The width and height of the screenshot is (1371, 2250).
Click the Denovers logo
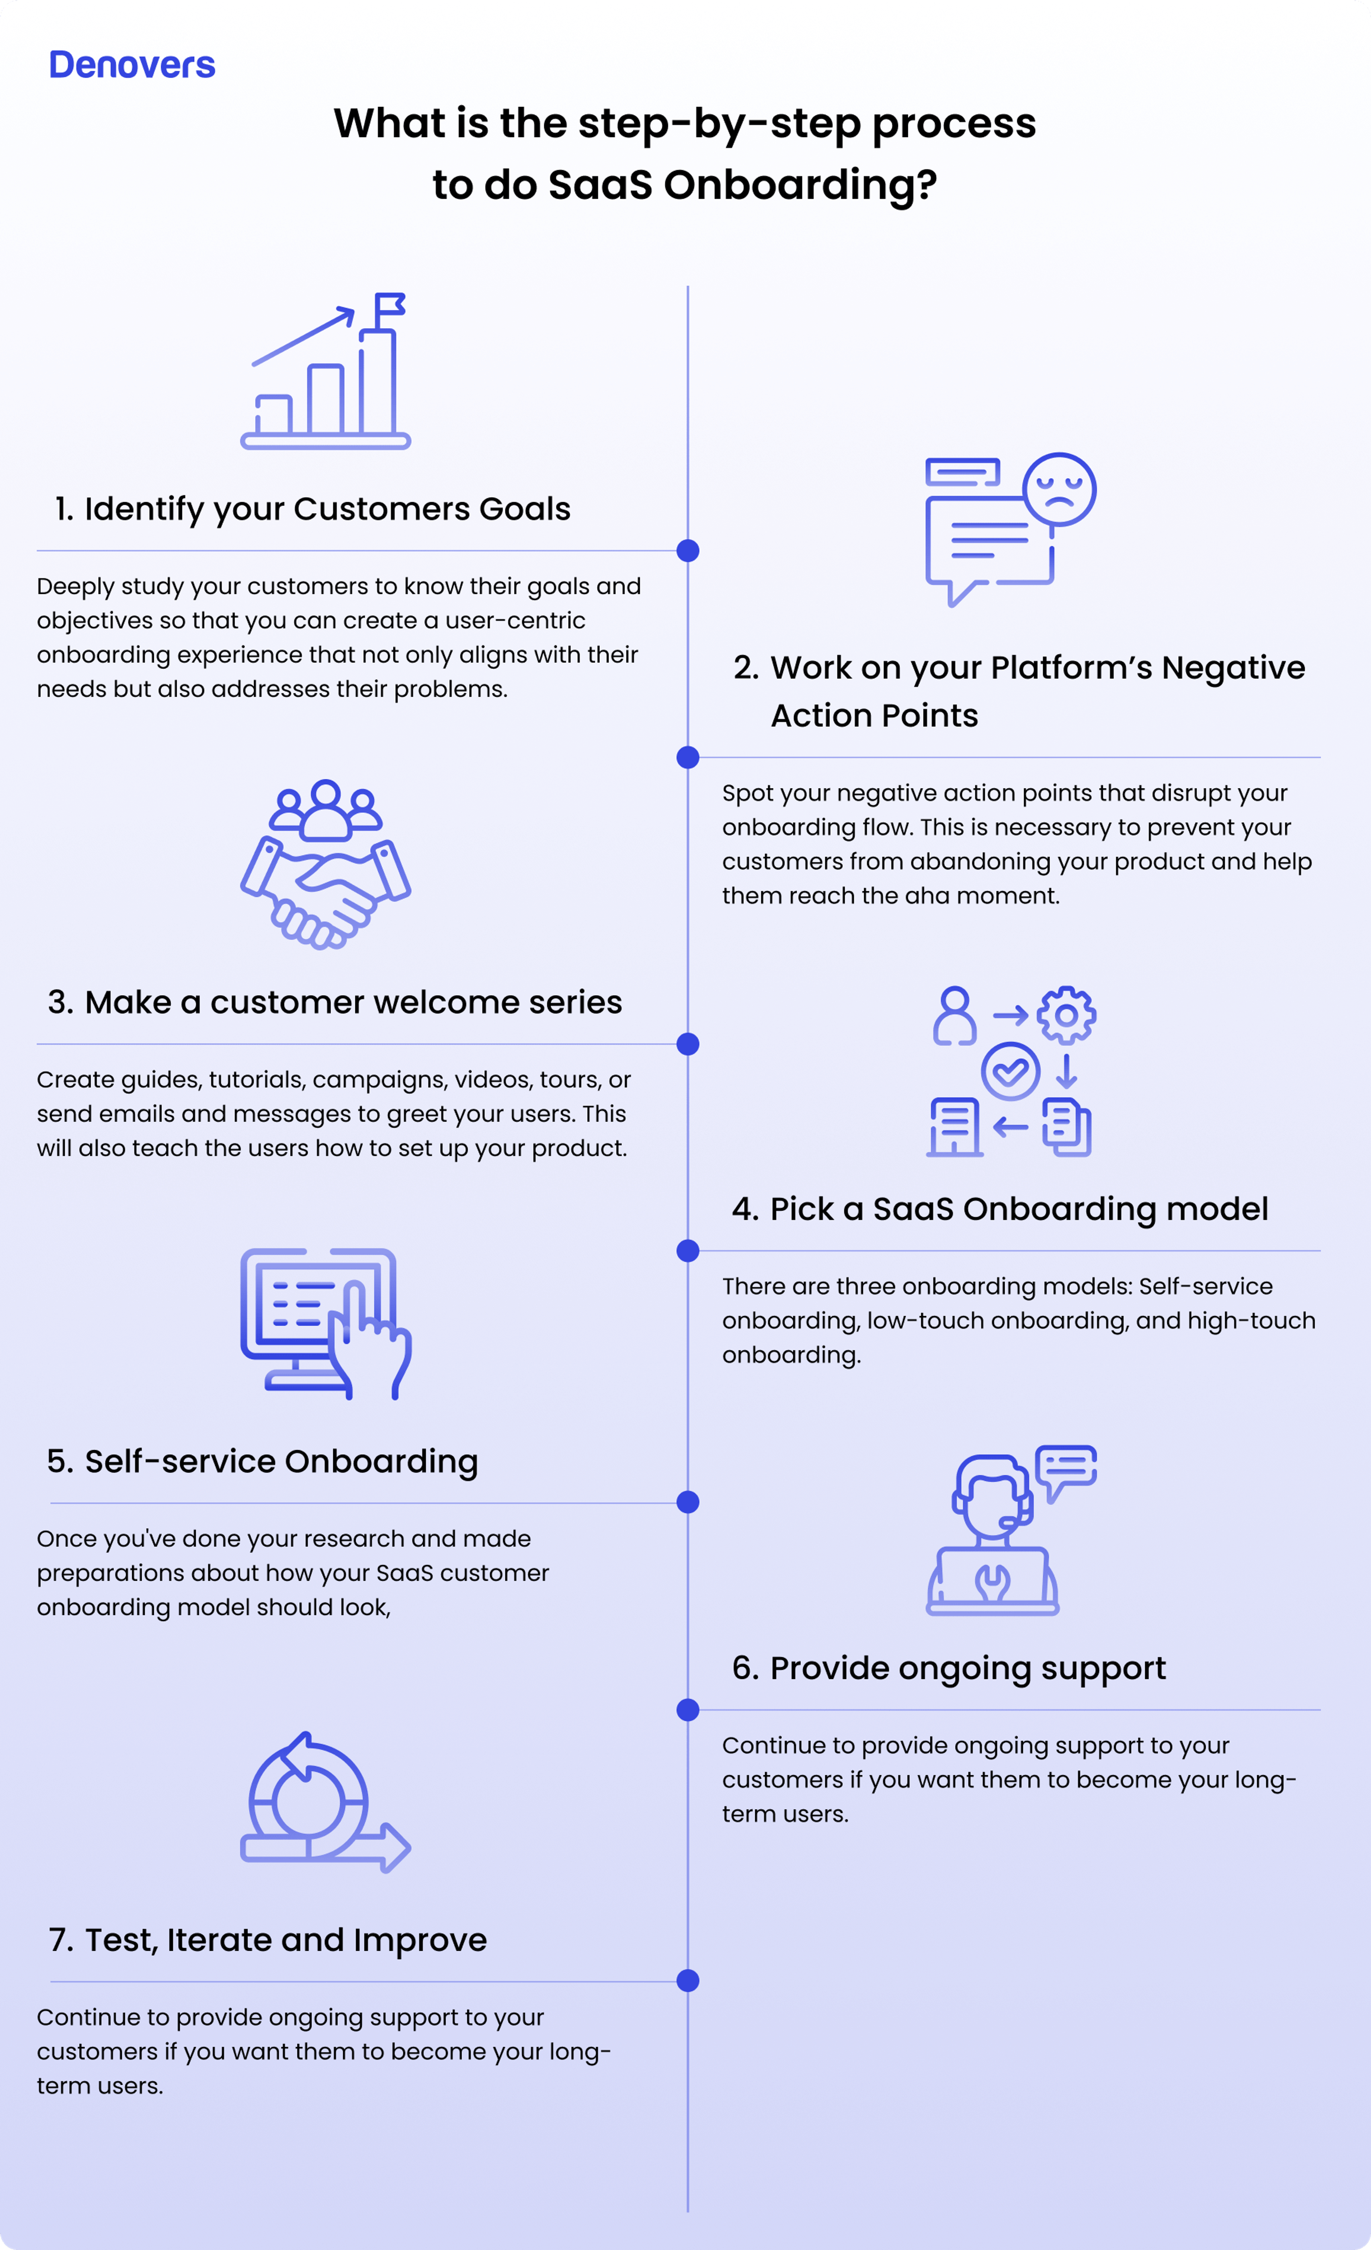point(131,65)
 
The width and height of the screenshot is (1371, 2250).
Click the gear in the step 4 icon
point(1066,1014)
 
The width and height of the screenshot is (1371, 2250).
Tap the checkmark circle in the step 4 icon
point(1010,1071)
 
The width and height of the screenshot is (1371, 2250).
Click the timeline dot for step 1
point(688,551)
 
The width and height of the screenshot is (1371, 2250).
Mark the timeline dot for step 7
point(688,1981)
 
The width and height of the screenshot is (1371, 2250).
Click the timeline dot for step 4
point(688,1251)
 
